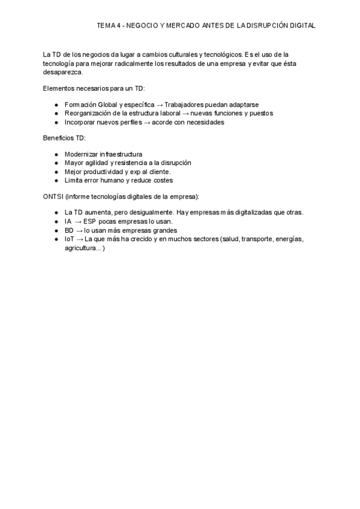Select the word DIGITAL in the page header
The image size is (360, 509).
tap(302, 26)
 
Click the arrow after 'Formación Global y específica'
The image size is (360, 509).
tap(160, 104)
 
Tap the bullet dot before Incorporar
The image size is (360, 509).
tap(56, 122)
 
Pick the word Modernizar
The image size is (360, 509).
tap(83, 154)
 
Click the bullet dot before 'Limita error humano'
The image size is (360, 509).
tap(56, 180)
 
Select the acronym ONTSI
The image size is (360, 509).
tap(53, 196)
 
